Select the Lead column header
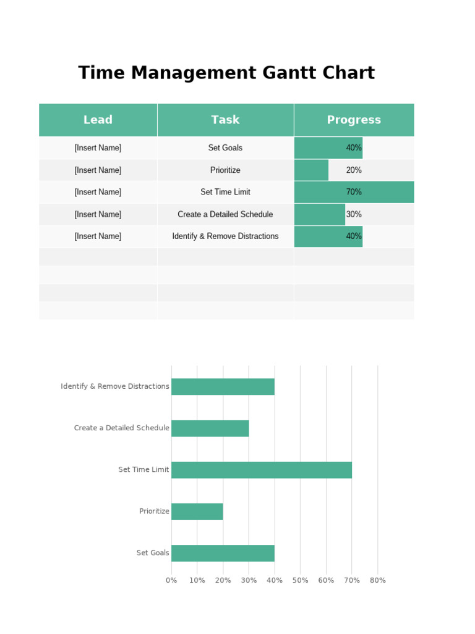[98, 120]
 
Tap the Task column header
[225, 120]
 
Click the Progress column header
[354, 120]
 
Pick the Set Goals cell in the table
[225, 148]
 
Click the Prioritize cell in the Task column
[225, 170]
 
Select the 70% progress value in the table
[354, 192]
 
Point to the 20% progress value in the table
[354, 170]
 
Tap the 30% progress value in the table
[354, 214]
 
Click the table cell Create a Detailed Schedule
[225, 214]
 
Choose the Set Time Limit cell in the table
[225, 192]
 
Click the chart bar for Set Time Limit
[262, 470]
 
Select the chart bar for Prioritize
[197, 511]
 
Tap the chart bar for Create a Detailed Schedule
[210, 428]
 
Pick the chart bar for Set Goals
[223, 553]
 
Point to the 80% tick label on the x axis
[377, 581]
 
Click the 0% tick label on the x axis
[171, 581]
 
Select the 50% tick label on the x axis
[300, 581]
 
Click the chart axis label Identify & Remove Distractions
[115, 386]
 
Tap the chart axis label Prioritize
[154, 511]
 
